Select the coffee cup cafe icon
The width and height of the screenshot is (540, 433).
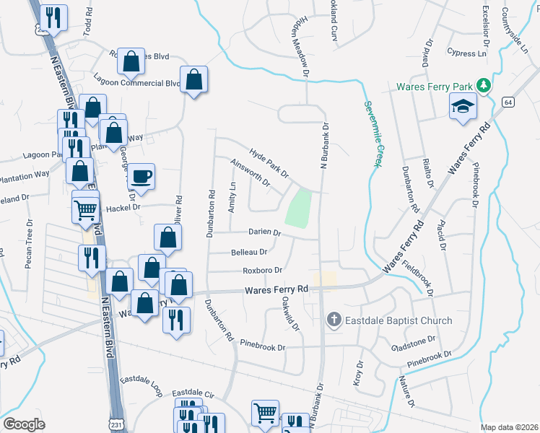click(141, 176)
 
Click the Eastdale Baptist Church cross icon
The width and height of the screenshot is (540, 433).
click(334, 320)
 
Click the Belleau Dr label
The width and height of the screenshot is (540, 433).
click(249, 252)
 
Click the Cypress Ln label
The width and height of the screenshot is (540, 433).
click(466, 53)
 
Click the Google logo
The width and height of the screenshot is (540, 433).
click(24, 424)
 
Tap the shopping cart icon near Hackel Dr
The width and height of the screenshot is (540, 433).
click(85, 210)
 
